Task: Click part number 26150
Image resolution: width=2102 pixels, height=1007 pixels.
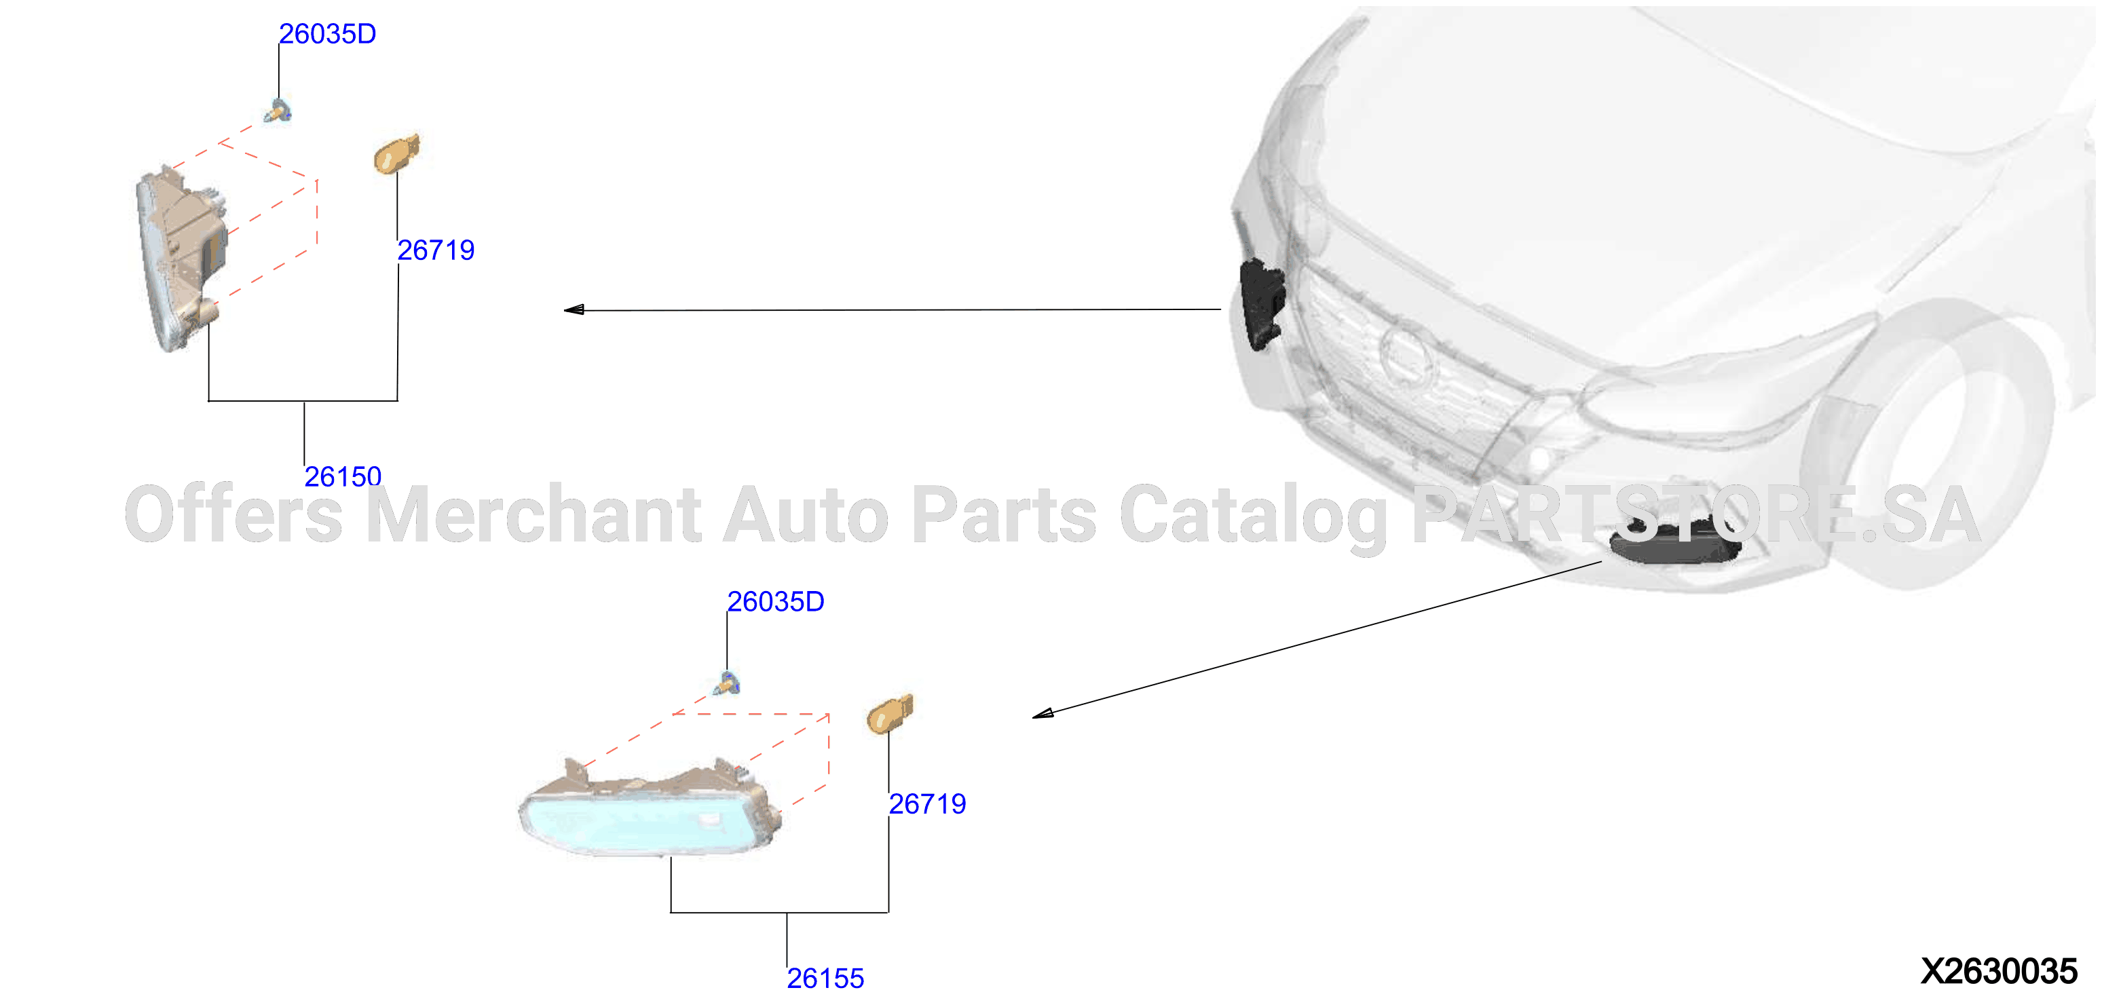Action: [343, 476]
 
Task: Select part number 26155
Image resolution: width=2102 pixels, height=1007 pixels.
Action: [825, 978]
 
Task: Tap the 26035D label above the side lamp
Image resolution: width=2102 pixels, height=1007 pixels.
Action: [327, 33]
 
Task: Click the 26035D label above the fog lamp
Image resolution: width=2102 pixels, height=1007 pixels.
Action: [775, 601]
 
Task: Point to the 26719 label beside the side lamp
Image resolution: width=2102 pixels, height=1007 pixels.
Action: [436, 250]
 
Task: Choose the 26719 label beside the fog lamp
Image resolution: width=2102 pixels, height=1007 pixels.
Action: [927, 804]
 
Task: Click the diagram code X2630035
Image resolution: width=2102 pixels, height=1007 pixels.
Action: [1998, 971]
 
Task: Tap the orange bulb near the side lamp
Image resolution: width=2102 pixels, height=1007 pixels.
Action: [396, 154]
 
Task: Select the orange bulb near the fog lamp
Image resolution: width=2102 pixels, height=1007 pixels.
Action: [889, 714]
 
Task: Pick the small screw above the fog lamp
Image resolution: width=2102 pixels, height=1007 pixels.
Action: [726, 683]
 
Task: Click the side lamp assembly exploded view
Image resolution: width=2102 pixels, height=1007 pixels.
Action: [181, 258]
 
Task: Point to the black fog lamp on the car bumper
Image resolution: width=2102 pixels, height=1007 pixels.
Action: [1674, 542]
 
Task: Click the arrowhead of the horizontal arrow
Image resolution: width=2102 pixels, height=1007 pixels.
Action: [574, 309]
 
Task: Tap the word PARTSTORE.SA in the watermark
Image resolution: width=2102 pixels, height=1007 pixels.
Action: [1695, 514]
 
